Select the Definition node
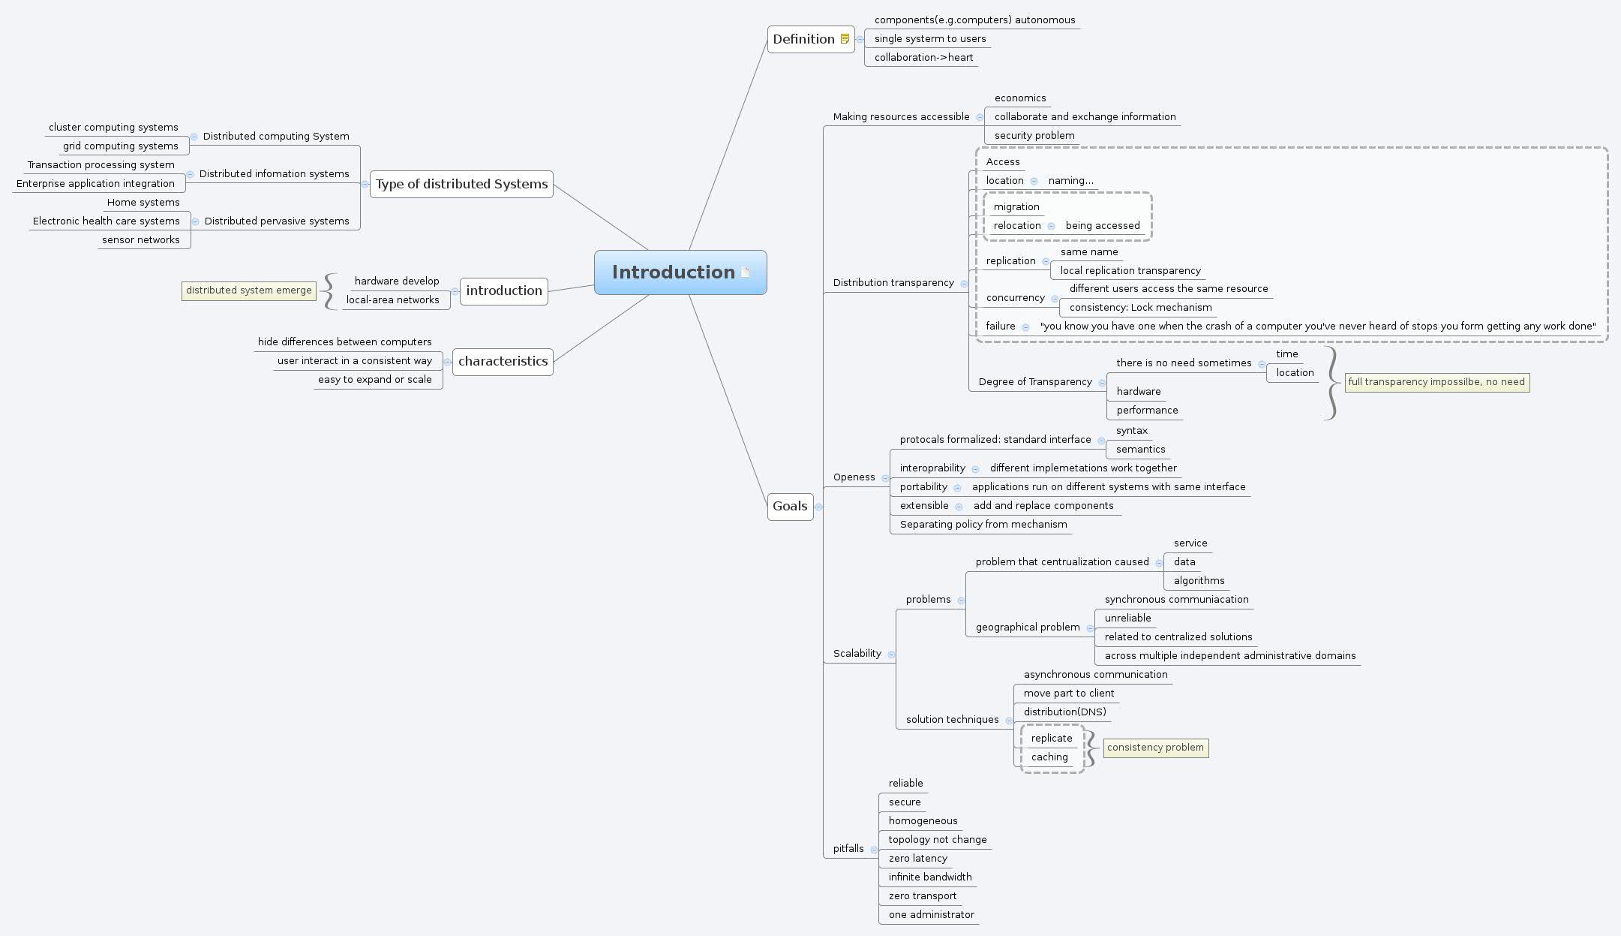click(803, 39)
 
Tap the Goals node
click(790, 506)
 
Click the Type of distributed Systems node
click(461, 184)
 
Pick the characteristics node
click(503, 361)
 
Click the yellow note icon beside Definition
click(845, 39)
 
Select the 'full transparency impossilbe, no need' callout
click(1436, 382)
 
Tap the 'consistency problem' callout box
click(1155, 748)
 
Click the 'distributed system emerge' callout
click(248, 290)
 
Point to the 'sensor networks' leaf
click(141, 240)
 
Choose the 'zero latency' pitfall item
click(917, 859)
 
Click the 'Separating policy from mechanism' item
click(983, 525)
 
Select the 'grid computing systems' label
click(121, 146)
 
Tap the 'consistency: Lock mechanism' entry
click(1140, 308)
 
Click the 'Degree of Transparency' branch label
click(1035, 382)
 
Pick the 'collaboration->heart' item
click(923, 58)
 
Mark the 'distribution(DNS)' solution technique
click(1064, 712)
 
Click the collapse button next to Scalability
click(891, 655)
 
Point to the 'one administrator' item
click(931, 915)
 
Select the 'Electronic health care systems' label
click(107, 221)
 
